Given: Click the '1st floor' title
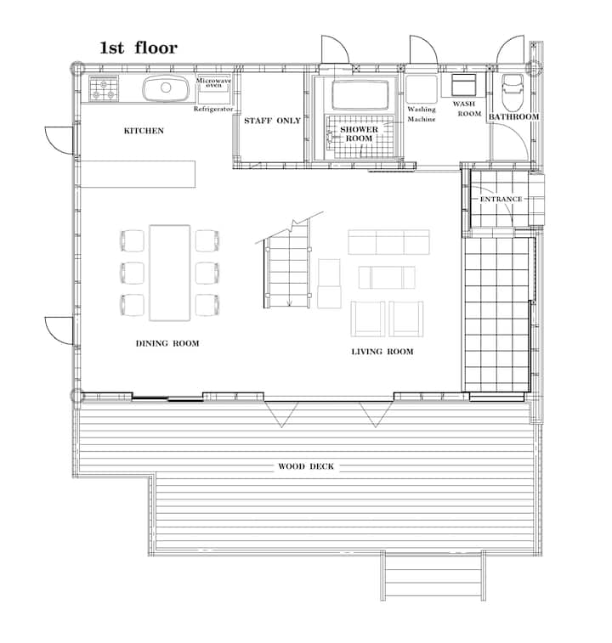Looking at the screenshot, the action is point(139,48).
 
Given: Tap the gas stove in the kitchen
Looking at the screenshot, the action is point(104,88).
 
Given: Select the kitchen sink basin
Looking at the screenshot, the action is point(166,87).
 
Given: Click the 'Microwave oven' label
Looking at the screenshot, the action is point(213,82).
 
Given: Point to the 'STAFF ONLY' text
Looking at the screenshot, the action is point(272,121).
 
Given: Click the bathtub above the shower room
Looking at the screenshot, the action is point(360,95).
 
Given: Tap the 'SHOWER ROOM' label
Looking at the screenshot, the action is point(360,133).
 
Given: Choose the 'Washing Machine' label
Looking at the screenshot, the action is point(422,114).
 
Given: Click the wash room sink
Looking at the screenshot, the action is point(464,84).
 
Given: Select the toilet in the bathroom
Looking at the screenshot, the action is point(513,93).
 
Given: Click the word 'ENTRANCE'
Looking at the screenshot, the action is point(501,199).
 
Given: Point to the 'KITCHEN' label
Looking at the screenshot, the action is point(144,131).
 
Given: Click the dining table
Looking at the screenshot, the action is point(170,273).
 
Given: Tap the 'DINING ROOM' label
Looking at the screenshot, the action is point(167,343).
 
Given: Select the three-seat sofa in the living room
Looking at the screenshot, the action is point(388,242).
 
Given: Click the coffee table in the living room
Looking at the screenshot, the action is point(387,277).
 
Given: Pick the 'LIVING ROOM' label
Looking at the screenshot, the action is point(382,352).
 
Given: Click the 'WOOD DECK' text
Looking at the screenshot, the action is point(306,466).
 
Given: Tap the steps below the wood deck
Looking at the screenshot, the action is point(433,576).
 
